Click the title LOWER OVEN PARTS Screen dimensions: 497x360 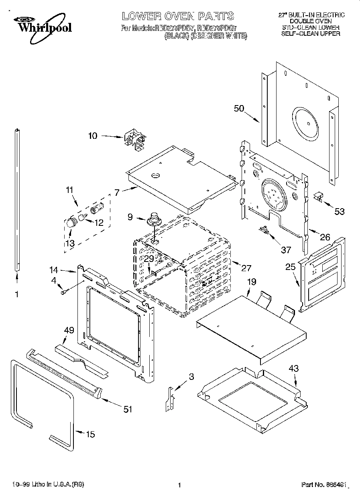[178, 16]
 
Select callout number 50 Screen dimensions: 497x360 [240, 108]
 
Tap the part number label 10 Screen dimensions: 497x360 [93, 136]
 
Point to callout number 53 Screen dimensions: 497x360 [340, 211]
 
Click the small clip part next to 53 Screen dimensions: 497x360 [318, 195]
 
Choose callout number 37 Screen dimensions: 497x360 [285, 250]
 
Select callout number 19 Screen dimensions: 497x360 [251, 282]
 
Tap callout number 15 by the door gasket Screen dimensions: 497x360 [91, 434]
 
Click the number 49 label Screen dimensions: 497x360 [69, 330]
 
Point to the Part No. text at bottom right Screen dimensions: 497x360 [323, 485]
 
